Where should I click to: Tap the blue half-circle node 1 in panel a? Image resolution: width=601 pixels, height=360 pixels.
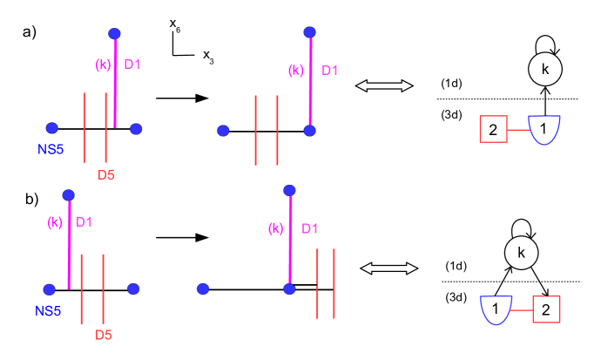point(545,129)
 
